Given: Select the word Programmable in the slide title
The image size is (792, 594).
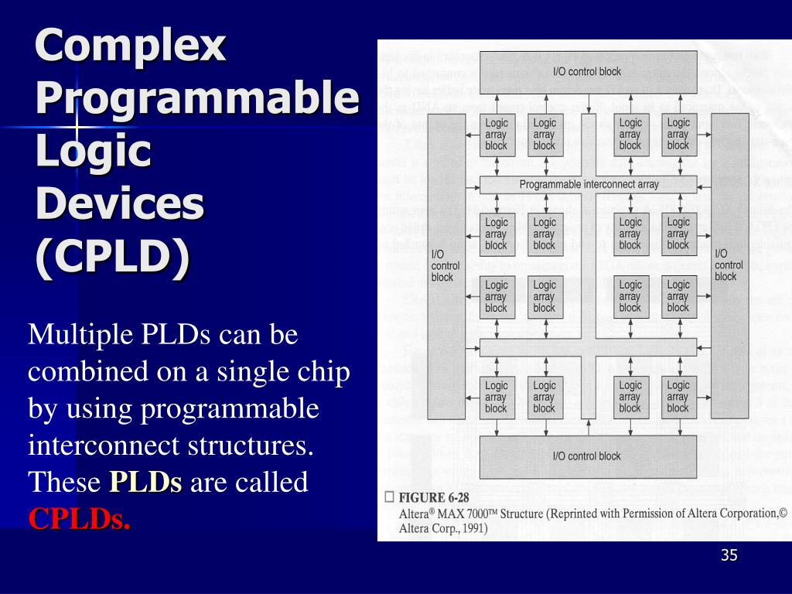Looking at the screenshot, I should [x=197, y=99].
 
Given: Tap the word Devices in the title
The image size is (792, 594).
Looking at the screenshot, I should [x=120, y=204].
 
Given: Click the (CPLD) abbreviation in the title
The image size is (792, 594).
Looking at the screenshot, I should [x=112, y=258].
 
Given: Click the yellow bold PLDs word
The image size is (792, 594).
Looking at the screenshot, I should [x=145, y=483].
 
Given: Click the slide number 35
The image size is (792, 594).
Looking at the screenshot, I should [x=729, y=555].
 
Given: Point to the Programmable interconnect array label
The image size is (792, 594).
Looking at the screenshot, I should [x=588, y=185].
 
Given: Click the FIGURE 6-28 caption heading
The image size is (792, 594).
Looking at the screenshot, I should [x=434, y=498].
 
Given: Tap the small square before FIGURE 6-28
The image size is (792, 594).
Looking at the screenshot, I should [x=389, y=497].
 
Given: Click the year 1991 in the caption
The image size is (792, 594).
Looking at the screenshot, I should [x=470, y=529].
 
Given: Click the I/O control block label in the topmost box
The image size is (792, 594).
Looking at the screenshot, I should [x=587, y=72].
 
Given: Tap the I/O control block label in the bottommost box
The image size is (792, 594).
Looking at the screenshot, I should [x=587, y=456].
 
